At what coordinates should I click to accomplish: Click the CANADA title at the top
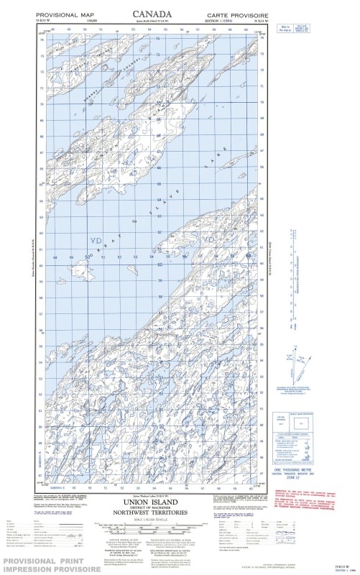[x=152, y=14]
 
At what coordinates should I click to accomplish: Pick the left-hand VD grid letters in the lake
[x=95, y=240]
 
